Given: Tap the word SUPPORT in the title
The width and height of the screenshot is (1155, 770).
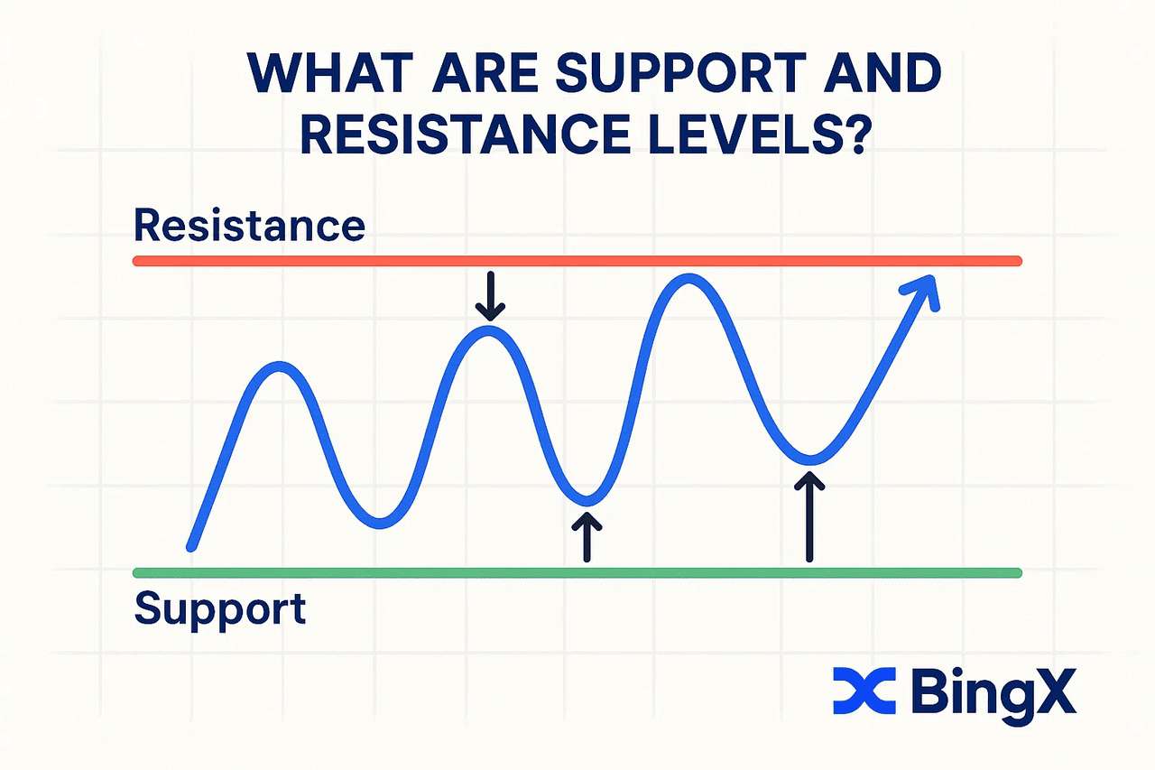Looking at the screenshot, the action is coord(680,73).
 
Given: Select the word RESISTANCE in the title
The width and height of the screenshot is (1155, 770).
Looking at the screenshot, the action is coord(465,133).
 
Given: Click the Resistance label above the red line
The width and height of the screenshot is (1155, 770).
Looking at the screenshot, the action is coord(250,225).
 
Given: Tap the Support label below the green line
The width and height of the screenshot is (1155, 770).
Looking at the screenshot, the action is coord(220,610).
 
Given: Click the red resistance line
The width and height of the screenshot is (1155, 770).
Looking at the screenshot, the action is coord(577,261).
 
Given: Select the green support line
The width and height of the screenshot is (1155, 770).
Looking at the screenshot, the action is coord(577,572).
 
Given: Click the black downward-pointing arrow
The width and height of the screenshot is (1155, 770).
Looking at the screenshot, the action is coord(490,296).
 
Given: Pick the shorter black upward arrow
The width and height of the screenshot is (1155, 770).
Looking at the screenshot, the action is coord(587,536).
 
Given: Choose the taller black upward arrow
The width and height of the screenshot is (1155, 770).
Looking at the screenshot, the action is coord(809,516).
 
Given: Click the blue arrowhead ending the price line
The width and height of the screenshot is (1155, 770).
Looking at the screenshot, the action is coord(923,292).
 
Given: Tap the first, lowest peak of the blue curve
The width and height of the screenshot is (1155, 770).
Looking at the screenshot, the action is coord(280,366).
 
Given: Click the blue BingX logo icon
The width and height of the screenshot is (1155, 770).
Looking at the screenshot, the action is coord(864,691).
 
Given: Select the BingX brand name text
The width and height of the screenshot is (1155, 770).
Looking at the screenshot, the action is coord(993,694).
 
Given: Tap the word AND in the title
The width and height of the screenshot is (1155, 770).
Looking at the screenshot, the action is coord(882,73).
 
